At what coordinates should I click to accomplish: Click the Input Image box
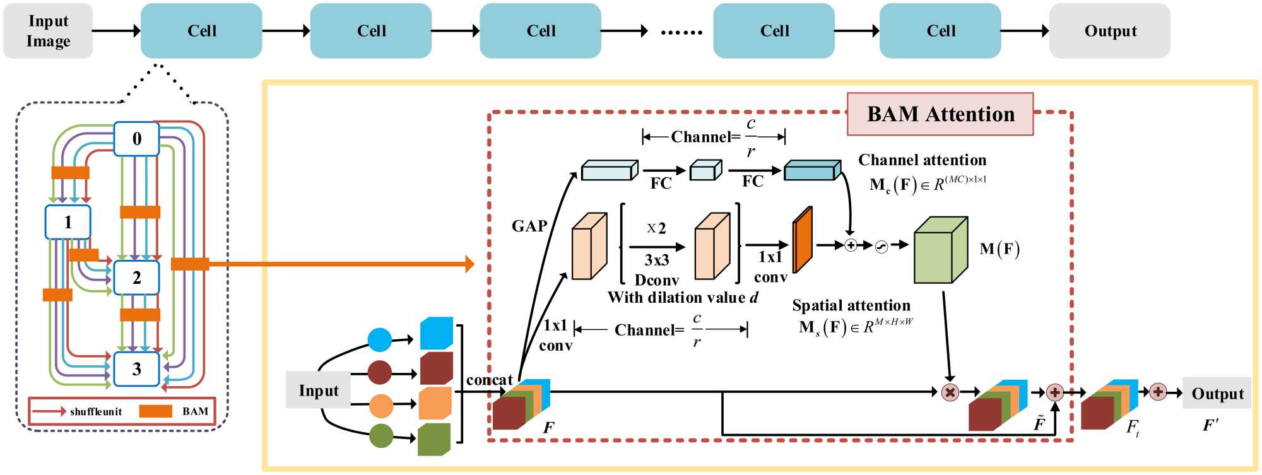(x=48, y=31)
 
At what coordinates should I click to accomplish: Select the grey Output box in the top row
(x=1109, y=31)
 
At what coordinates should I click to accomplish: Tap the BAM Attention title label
(x=940, y=114)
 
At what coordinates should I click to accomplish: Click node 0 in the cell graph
(x=136, y=139)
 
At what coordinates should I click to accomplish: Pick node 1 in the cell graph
(x=68, y=222)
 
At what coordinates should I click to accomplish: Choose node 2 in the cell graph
(x=136, y=278)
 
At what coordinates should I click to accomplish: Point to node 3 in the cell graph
(x=136, y=369)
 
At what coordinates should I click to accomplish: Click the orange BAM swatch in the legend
(x=155, y=411)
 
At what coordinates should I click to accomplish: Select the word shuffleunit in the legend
(x=96, y=412)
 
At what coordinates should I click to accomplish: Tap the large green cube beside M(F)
(x=940, y=250)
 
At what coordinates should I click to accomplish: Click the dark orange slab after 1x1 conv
(x=802, y=240)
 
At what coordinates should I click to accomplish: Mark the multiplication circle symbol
(x=950, y=392)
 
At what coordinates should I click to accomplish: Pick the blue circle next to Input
(x=379, y=339)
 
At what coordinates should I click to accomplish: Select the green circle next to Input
(x=380, y=435)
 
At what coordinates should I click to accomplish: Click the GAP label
(x=529, y=226)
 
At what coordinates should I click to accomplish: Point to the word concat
(x=489, y=380)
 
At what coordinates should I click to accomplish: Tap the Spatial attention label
(x=851, y=305)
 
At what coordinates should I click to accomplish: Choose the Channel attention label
(x=922, y=160)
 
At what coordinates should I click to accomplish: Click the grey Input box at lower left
(x=318, y=390)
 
